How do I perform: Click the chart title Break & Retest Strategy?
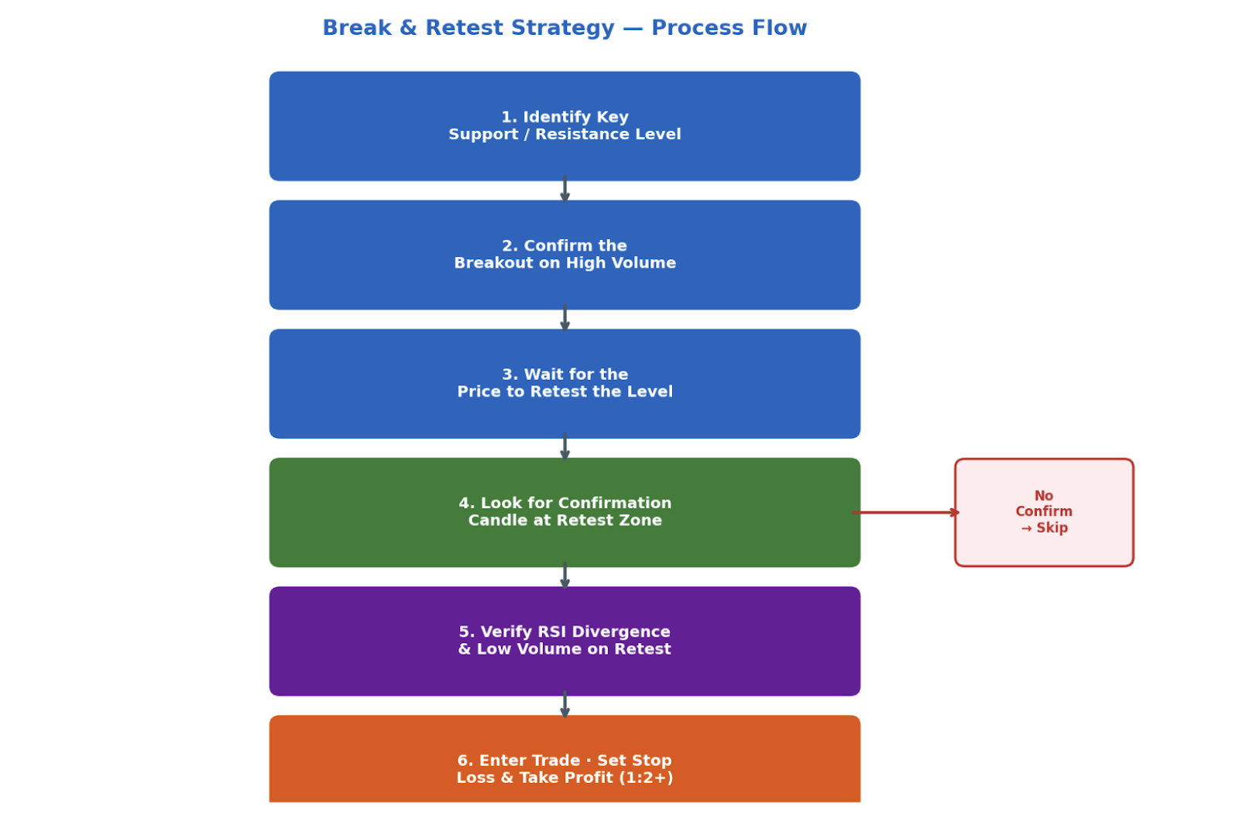(x=565, y=28)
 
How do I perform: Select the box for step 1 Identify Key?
(x=565, y=126)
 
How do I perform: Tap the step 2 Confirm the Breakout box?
(x=565, y=255)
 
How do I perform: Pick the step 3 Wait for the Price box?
(x=565, y=384)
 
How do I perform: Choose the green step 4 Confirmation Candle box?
(x=565, y=512)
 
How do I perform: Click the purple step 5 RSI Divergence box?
(x=565, y=641)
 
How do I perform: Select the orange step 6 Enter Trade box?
(x=565, y=759)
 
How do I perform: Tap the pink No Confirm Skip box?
(x=1045, y=512)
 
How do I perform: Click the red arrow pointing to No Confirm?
(x=906, y=513)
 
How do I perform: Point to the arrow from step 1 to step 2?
(x=565, y=189)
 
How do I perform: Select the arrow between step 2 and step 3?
(x=565, y=318)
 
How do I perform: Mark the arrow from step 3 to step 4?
(x=565, y=446)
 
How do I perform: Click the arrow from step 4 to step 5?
(x=565, y=575)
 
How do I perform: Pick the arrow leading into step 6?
(x=565, y=704)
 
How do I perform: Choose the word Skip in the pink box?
(x=1052, y=528)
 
